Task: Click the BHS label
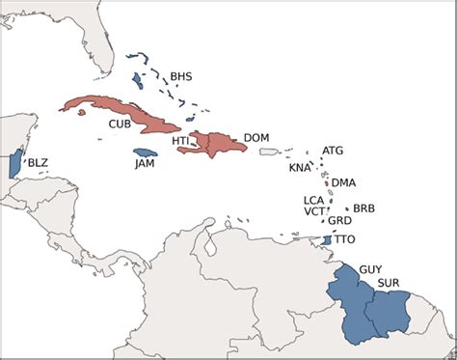pos(181,76)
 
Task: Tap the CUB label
pos(121,125)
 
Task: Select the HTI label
pos(180,141)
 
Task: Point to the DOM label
pos(256,138)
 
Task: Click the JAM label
pos(145,165)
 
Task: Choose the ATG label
pos(332,151)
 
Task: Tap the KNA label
pos(301,168)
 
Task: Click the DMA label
pos(343,182)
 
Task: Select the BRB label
pos(363,208)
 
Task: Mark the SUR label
pos(390,282)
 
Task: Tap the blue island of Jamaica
pos(145,152)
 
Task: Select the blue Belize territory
pos(14,164)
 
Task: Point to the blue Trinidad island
pos(328,239)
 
